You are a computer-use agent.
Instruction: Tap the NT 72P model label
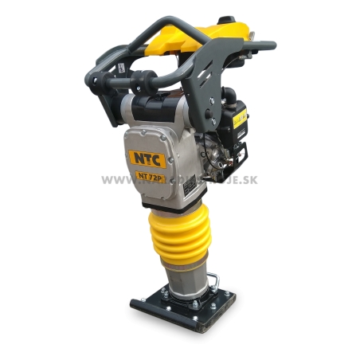pyautogui.click(x=150, y=178)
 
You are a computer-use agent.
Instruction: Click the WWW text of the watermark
pyautogui.click(x=112, y=179)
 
